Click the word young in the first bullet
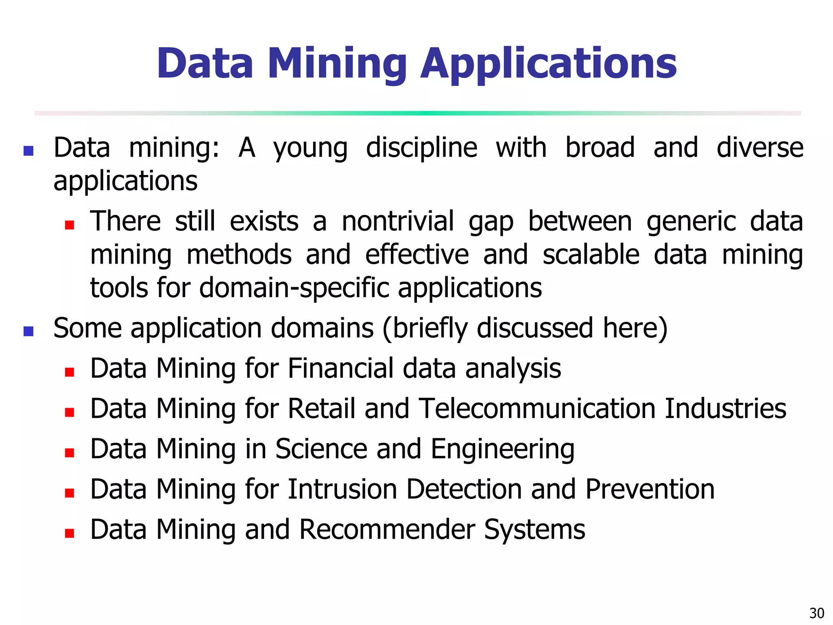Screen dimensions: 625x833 pos(310,149)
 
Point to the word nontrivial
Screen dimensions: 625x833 pos(397,222)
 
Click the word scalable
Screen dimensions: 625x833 pos(591,255)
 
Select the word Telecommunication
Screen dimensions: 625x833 pos(537,409)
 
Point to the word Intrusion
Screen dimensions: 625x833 pos(342,489)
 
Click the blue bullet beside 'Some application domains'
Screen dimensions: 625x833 pos(28,331)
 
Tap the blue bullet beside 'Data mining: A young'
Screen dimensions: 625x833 pos(28,151)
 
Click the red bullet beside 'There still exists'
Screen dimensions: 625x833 pos(70,225)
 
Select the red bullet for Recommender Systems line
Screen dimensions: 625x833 pos(70,533)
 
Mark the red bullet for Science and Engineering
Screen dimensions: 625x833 pos(70,453)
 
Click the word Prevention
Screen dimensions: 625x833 pos(650,489)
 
